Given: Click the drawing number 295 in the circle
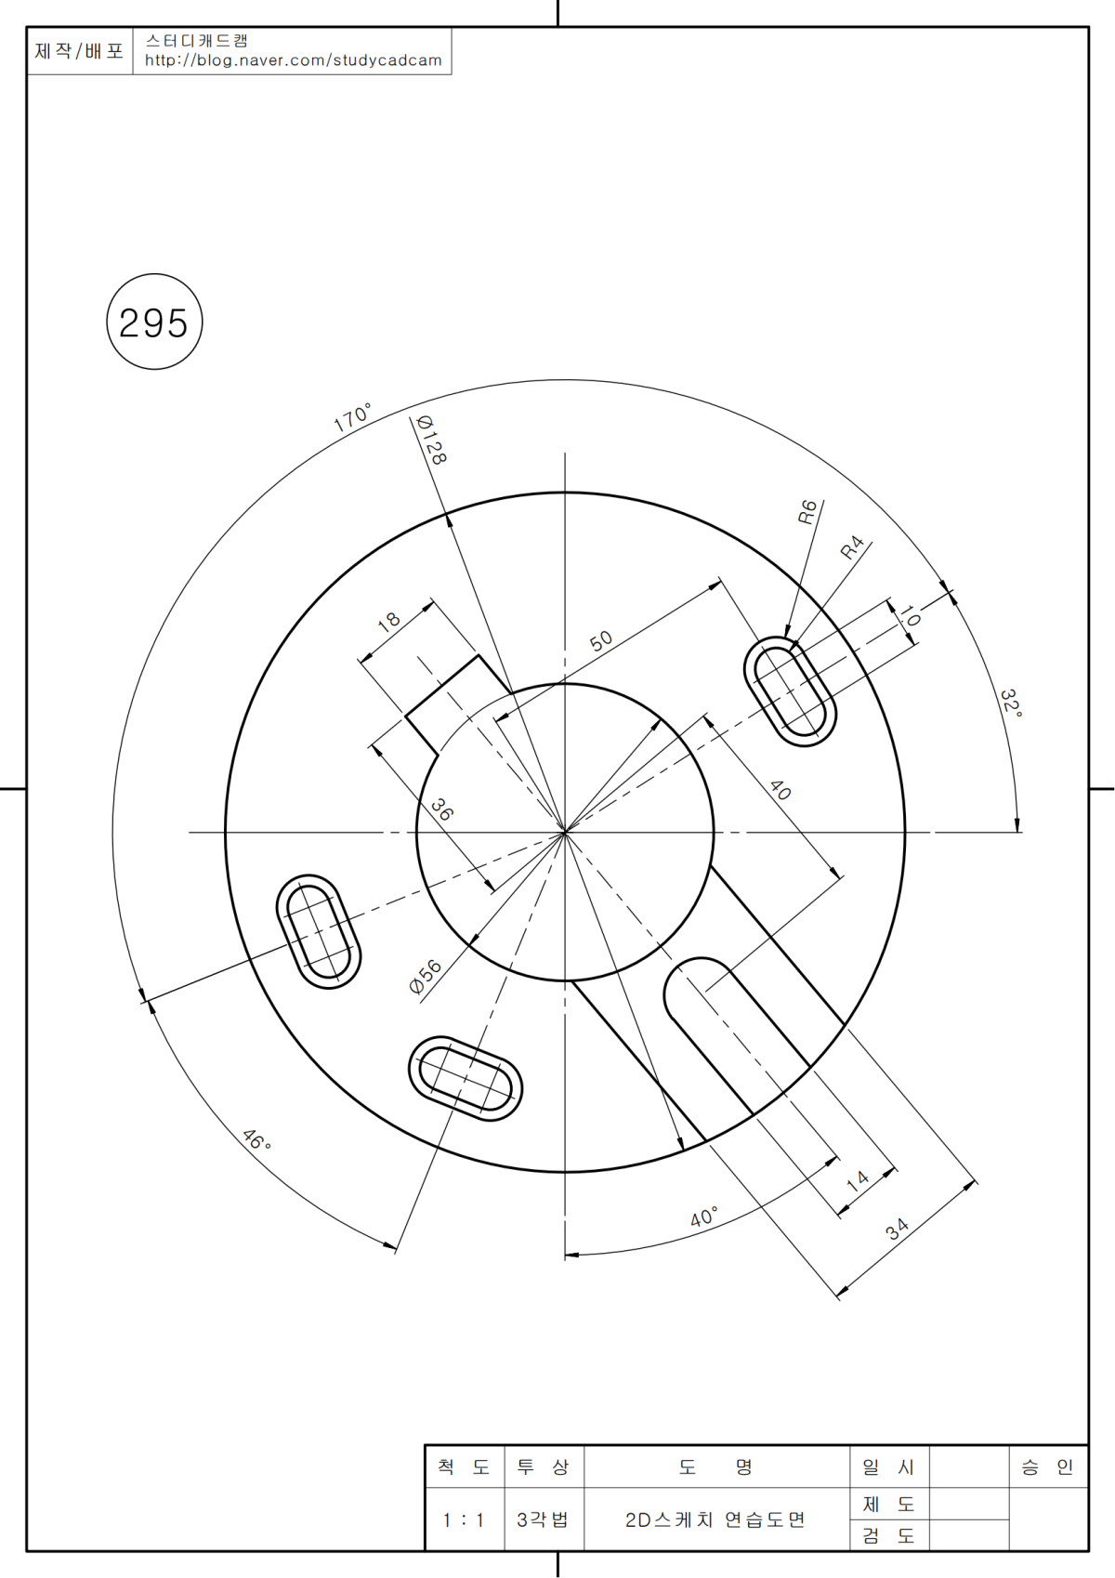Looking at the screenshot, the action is pos(153,323).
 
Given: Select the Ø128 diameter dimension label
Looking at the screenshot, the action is pos(431,441).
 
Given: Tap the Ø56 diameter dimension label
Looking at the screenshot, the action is pos(426,977).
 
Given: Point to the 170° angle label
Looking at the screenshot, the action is pos(352,418).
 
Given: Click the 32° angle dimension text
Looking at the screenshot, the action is pos(1012,704).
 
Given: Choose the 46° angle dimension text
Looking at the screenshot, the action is pos(256,1140).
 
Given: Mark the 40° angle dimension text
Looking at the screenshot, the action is pos(703,1216).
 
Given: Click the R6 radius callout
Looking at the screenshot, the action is pos(807,512).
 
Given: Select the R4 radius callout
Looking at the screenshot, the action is pos(852,546).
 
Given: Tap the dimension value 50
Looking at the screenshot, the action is pos(601,641).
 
